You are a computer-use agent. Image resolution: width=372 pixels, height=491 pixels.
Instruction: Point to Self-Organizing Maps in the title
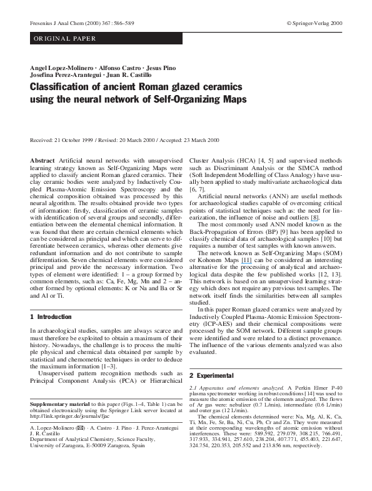206,100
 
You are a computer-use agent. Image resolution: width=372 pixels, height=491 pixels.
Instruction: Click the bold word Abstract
43,161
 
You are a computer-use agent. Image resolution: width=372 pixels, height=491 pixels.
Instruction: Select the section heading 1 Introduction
51,317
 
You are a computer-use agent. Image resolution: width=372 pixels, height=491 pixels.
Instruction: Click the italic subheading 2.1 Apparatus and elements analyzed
230,388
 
